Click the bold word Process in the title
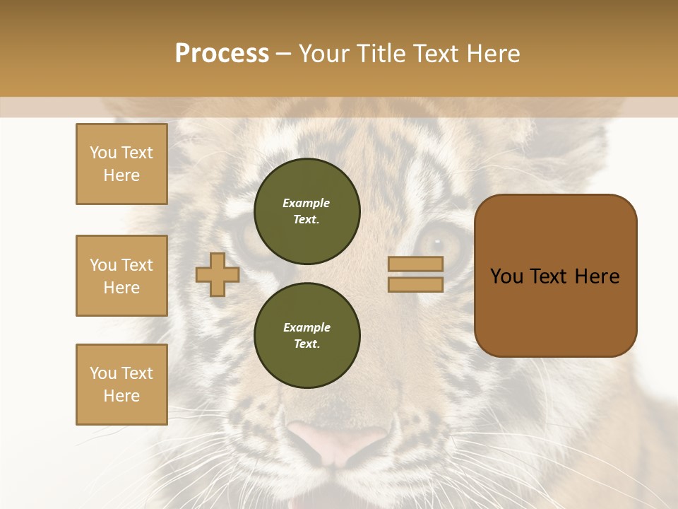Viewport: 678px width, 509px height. click(222, 54)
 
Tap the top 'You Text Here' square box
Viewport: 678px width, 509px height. click(121, 164)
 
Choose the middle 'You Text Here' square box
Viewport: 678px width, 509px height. click(121, 276)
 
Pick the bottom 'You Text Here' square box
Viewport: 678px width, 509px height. click(121, 384)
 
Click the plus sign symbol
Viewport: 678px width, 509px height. click(218, 274)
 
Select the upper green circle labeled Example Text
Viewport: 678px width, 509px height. click(307, 211)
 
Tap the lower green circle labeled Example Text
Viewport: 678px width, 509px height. click(307, 336)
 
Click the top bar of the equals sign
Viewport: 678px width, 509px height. click(416, 264)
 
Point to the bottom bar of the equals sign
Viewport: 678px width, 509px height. click(416, 284)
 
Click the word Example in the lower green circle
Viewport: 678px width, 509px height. click(307, 327)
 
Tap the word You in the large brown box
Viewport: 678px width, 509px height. click(506, 276)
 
